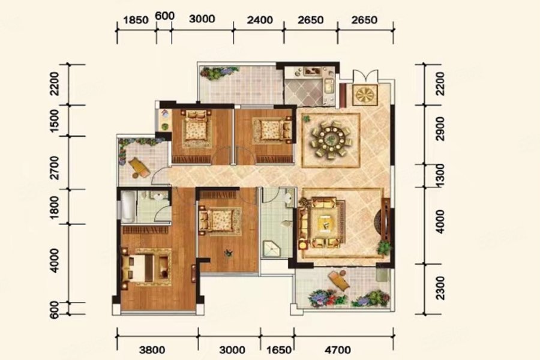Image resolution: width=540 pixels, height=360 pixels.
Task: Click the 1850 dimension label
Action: [x=136, y=20]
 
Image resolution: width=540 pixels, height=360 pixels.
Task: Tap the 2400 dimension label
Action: [x=260, y=20]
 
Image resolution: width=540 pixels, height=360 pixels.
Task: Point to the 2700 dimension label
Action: [x=55, y=168]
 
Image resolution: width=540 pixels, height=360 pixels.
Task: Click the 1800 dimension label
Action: [x=55, y=207]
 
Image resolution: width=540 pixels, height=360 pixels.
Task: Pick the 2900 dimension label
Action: [x=440, y=128]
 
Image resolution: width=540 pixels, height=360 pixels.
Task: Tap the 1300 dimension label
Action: [x=440, y=176]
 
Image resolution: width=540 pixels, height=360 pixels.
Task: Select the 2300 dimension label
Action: [x=440, y=287]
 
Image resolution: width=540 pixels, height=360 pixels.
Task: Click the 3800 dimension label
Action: [x=152, y=350]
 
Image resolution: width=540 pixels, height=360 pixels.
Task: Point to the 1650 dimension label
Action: [x=279, y=350]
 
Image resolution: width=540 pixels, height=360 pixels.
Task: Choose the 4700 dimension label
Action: [x=338, y=350]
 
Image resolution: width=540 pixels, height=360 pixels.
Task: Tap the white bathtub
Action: [x=127, y=207]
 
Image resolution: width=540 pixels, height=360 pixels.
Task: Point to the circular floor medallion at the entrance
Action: [x=365, y=94]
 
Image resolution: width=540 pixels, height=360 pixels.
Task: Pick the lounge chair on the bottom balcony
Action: [x=339, y=280]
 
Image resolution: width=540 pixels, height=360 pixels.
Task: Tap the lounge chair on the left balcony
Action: [x=139, y=167]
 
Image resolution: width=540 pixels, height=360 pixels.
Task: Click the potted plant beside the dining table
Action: [x=305, y=119]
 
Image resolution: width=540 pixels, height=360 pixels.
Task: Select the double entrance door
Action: [x=365, y=76]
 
